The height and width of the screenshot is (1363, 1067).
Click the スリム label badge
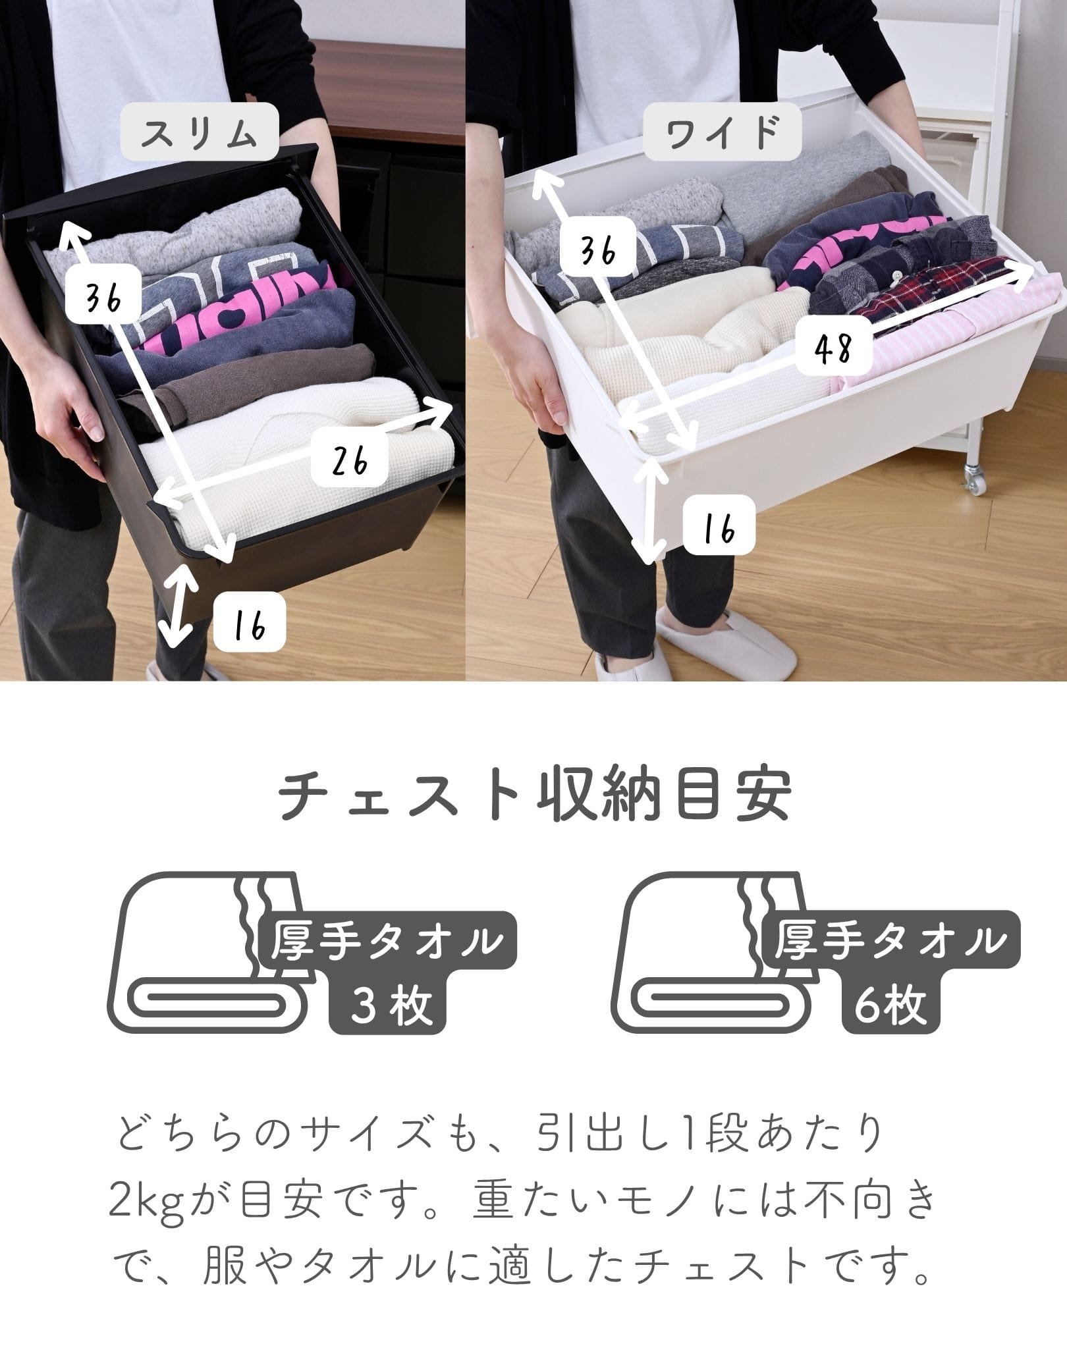click(199, 132)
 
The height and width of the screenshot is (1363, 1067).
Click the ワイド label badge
click(722, 132)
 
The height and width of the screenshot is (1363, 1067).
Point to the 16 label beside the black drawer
click(249, 622)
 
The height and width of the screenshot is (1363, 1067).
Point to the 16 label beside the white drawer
click(718, 525)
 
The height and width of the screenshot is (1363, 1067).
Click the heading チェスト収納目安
click(533, 798)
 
